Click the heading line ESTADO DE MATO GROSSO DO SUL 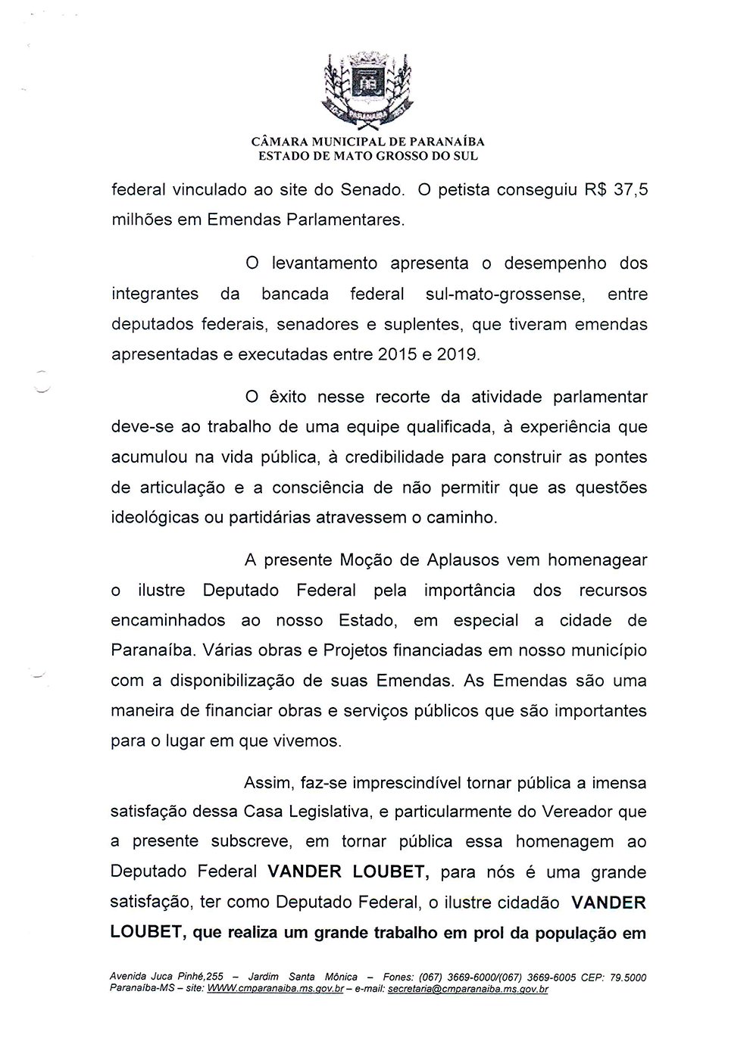pos(369,157)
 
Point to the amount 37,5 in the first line pos(630,190)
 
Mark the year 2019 pos(458,354)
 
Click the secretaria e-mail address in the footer pos(467,989)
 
